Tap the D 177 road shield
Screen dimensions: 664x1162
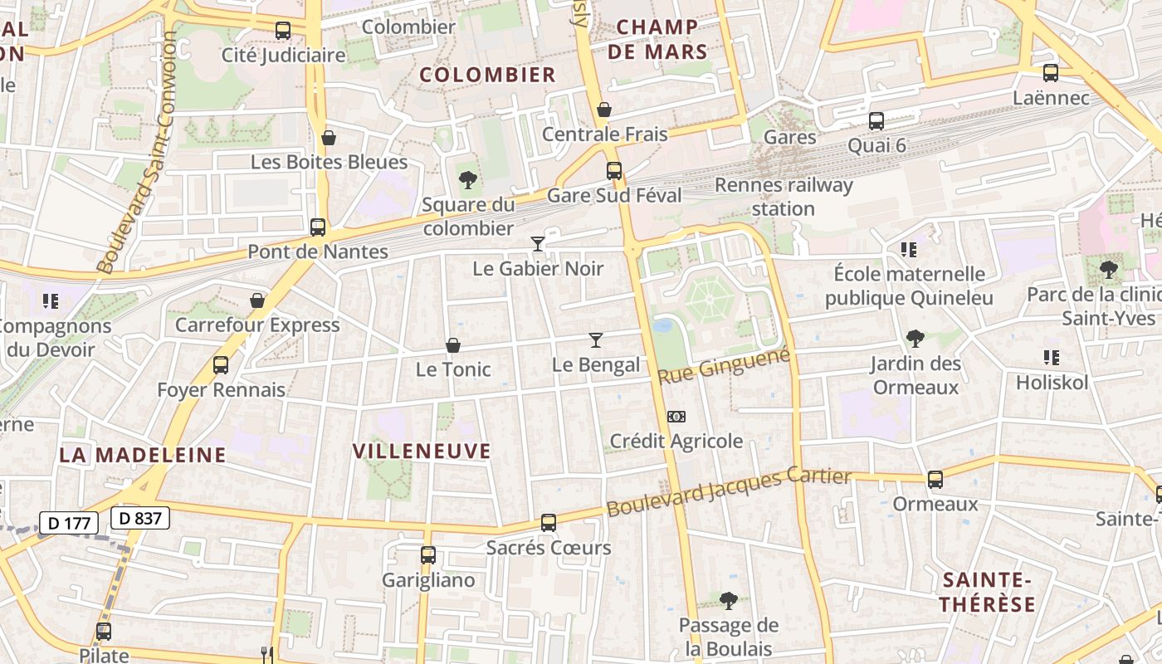pyautogui.click(x=69, y=523)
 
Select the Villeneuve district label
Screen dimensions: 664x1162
pyautogui.click(x=422, y=452)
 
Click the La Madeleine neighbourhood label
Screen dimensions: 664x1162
pyautogui.click(x=143, y=455)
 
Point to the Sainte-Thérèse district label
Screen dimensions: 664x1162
pyautogui.click(x=988, y=592)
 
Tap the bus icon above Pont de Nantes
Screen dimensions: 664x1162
pyautogui.click(x=317, y=227)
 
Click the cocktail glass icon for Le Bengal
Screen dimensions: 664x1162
pyautogui.click(x=595, y=339)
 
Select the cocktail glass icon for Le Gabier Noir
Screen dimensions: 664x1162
pyautogui.click(x=538, y=243)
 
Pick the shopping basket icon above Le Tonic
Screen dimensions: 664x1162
pyautogui.click(x=453, y=345)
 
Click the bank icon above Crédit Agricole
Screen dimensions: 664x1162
pyautogui.click(x=676, y=417)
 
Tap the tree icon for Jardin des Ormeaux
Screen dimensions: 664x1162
pyautogui.click(x=915, y=338)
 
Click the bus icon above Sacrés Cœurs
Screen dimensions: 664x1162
pyautogui.click(x=548, y=523)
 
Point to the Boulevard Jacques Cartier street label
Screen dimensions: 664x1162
pyautogui.click(x=729, y=491)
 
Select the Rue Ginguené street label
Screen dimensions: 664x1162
pyautogui.click(x=723, y=365)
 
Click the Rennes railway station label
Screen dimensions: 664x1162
pyautogui.click(x=784, y=196)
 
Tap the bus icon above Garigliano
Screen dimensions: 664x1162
pyautogui.click(x=428, y=555)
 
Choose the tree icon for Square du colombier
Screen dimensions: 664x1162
pyautogui.click(x=468, y=178)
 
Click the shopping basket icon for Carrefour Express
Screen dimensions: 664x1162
pyautogui.click(x=257, y=300)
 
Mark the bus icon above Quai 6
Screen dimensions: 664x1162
pyautogui.click(x=876, y=121)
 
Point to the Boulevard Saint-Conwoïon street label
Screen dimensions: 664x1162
pyautogui.click(x=136, y=153)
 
